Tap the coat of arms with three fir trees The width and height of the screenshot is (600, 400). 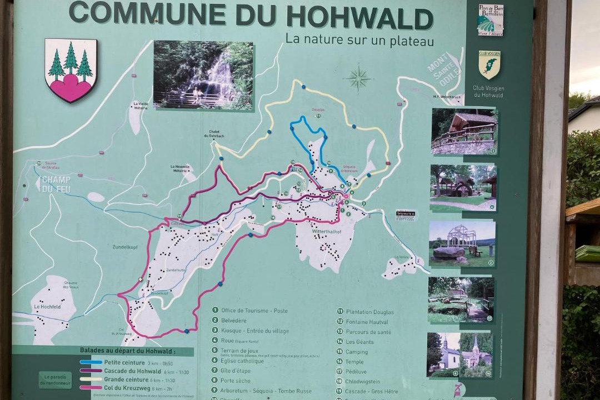[71, 70]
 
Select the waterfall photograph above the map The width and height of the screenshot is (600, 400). [203, 75]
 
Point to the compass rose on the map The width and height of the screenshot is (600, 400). [358, 78]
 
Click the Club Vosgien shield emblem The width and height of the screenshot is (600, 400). [489, 64]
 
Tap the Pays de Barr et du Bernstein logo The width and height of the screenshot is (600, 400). [490, 20]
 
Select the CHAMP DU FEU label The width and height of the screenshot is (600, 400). [56, 184]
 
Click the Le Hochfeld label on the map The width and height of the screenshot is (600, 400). [47, 306]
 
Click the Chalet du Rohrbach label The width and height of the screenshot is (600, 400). [216, 134]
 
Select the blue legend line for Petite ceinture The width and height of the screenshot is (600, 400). [91, 362]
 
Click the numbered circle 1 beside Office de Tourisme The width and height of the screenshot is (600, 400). [215, 311]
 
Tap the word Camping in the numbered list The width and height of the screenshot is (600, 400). [357, 352]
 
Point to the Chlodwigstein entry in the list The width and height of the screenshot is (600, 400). [364, 382]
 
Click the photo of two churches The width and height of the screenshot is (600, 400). [459, 354]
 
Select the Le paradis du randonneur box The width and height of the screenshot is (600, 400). [55, 380]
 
